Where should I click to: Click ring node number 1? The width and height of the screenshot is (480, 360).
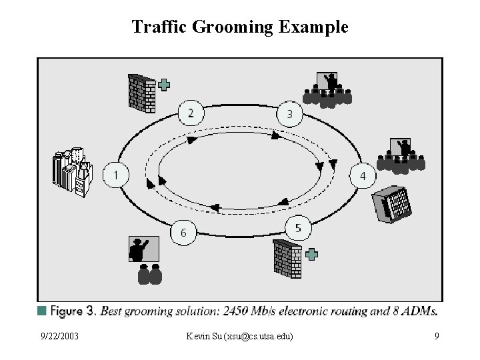116,176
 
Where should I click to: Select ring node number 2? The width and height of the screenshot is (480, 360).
191,113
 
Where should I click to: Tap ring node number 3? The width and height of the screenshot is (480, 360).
289,114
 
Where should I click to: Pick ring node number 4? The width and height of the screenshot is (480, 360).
363,176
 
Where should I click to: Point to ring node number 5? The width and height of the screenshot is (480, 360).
298,229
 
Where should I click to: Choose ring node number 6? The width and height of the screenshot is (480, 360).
183,233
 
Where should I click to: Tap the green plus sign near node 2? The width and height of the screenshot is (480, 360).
164,84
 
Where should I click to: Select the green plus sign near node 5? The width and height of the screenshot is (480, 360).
311,253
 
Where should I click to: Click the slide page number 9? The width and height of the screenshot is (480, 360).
436,336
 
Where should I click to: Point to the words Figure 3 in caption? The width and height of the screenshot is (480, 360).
74,310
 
